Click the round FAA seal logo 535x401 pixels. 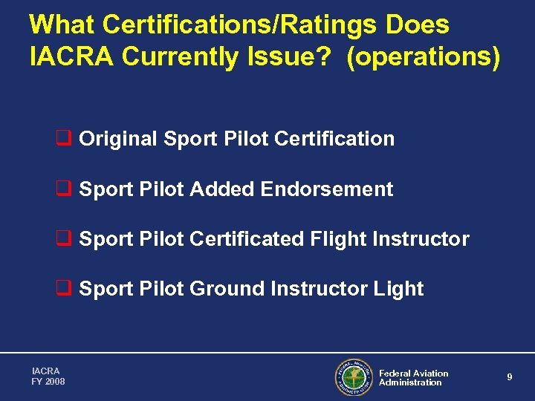pyautogui.click(x=353, y=377)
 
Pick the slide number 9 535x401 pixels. pyautogui.click(x=510, y=377)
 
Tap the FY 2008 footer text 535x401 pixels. pyautogui.click(x=48, y=382)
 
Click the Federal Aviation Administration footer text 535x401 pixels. pyautogui.click(x=413, y=378)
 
